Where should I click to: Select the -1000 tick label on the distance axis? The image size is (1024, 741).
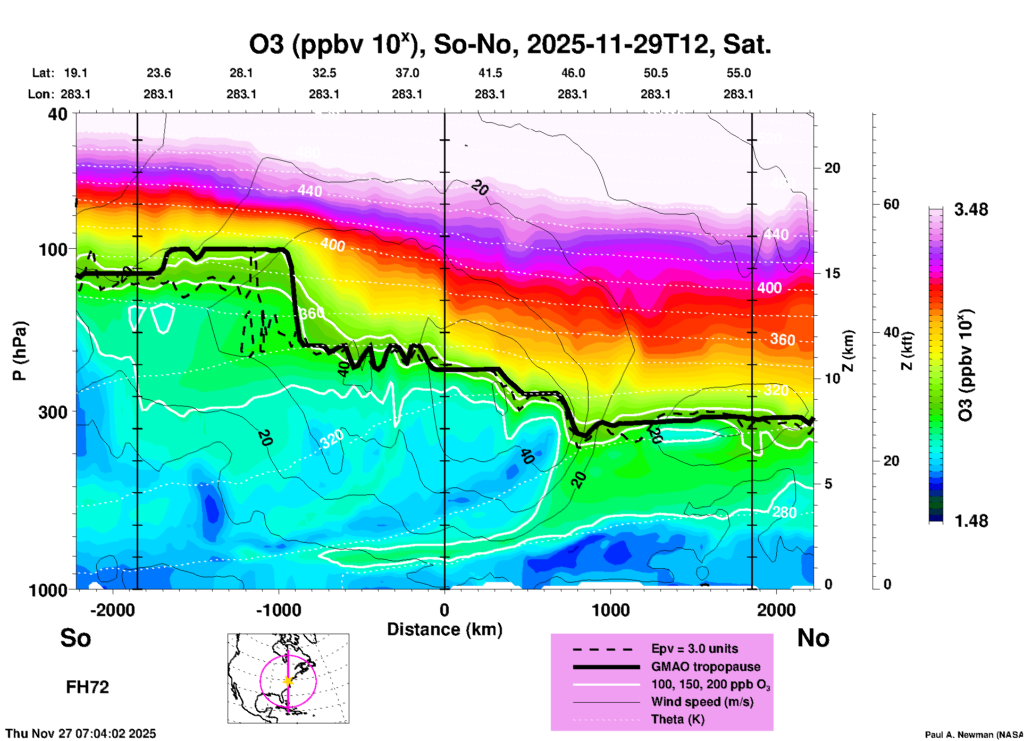[279, 610]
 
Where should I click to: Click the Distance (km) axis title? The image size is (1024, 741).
[444, 629]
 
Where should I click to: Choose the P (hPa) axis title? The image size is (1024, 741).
[19, 351]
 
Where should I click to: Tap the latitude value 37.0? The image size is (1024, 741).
[407, 73]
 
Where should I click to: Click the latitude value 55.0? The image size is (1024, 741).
[738, 73]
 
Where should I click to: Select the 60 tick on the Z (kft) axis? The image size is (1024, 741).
[891, 205]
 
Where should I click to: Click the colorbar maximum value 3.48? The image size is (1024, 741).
[971, 210]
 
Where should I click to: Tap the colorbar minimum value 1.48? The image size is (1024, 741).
[971, 520]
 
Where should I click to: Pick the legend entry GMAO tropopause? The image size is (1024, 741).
[705, 667]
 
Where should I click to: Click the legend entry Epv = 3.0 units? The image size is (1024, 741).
[694, 649]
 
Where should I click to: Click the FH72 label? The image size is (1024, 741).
[87, 687]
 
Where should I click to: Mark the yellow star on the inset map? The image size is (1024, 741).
[288, 681]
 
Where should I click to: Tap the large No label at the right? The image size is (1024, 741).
[813, 638]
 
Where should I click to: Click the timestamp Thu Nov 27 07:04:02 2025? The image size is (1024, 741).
[81, 734]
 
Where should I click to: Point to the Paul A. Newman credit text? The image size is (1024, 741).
[973, 735]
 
